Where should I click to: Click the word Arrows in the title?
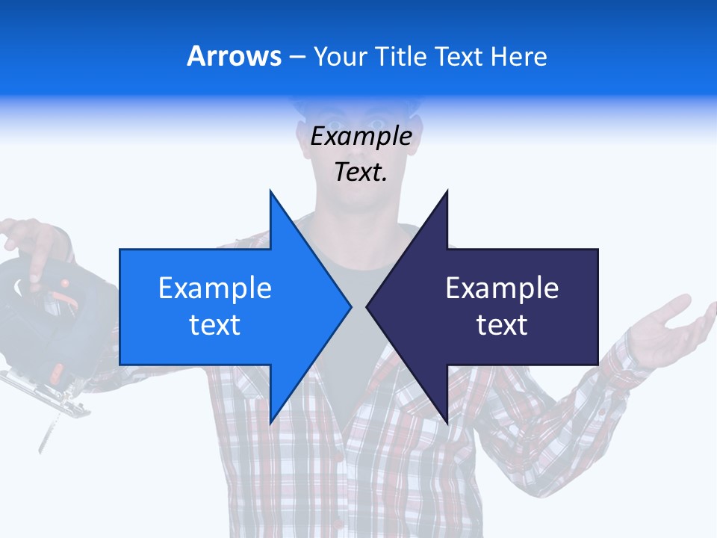pos(235,56)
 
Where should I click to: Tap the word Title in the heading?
pos(399,57)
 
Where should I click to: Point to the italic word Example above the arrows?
pos(361,136)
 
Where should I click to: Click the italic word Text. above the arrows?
pos(361,172)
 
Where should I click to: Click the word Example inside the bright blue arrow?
pos(215,288)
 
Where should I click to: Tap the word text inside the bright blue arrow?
pos(215,324)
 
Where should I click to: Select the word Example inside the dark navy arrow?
pos(502,288)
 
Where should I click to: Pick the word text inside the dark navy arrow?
pos(502,324)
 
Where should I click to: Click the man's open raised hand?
pos(668,325)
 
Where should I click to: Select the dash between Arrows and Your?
pos(297,57)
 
